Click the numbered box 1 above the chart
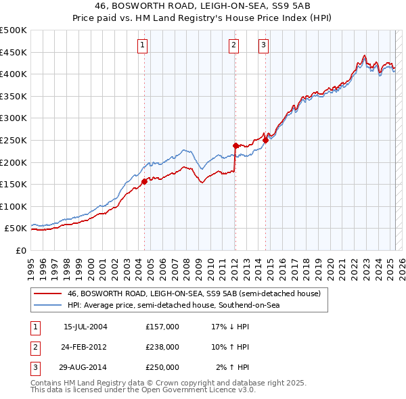click(143, 45)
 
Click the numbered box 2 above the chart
click(233, 45)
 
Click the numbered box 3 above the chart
click(263, 45)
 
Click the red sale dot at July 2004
click(144, 181)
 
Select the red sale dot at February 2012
click(235, 145)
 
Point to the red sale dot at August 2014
click(266, 140)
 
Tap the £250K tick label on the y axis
click(14, 140)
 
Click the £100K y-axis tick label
click(14, 206)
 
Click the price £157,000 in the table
click(162, 327)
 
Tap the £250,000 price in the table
click(162, 367)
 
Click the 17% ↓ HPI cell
click(230, 327)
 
